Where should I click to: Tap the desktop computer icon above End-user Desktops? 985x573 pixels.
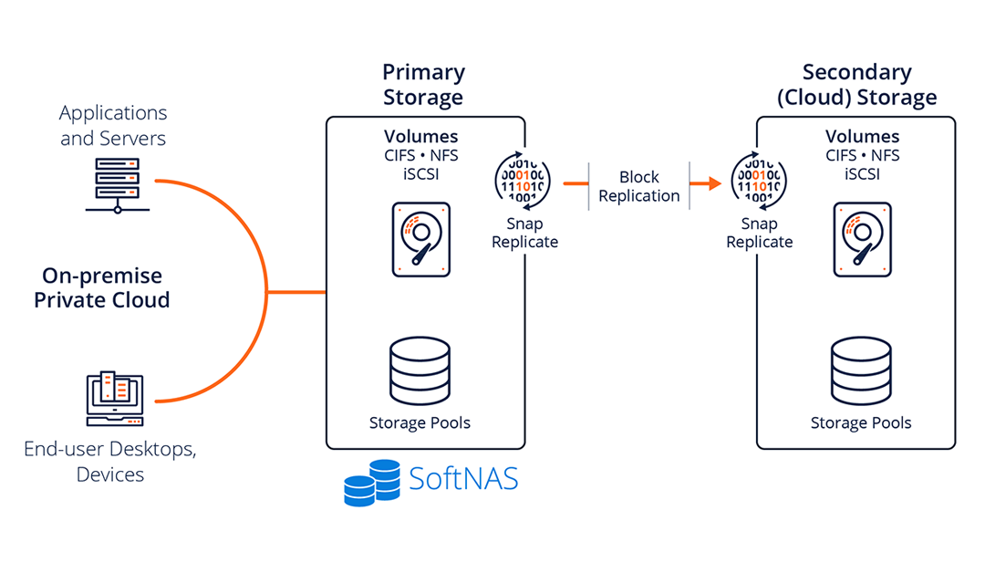point(113,399)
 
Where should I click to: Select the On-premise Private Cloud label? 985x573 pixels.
point(102,287)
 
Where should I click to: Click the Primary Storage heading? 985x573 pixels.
point(423,84)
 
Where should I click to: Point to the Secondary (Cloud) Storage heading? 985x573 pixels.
point(856,84)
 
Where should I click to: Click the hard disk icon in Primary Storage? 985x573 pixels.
point(420,239)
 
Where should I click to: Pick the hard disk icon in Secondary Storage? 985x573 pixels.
point(861,239)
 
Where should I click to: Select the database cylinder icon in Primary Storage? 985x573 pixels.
point(420,371)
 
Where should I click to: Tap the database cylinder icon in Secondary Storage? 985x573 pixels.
point(861,371)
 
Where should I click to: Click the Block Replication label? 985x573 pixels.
point(638,186)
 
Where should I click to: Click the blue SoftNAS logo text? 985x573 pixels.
point(463,479)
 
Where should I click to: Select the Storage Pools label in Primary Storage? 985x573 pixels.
point(420,422)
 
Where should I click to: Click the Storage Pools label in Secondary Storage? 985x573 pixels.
point(861,422)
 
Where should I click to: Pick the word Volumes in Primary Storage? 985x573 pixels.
point(420,137)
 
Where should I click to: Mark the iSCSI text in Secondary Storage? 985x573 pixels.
point(862,173)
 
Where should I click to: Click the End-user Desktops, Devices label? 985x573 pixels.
point(110,461)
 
